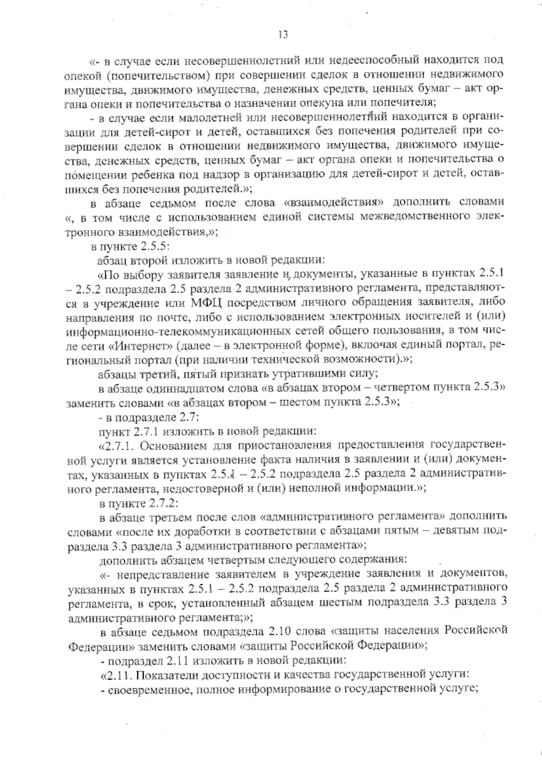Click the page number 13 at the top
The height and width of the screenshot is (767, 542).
click(284, 35)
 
